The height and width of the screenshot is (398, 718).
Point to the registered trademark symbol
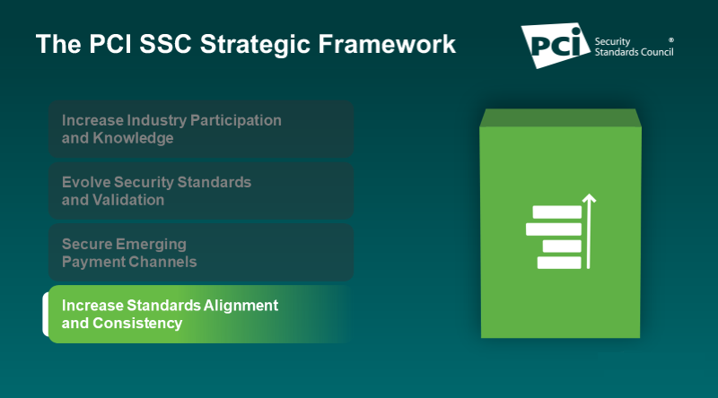tap(671, 40)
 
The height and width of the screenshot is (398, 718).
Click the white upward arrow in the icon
tap(589, 229)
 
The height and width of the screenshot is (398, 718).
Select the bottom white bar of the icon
tap(559, 262)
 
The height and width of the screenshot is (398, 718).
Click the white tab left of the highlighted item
tap(46, 314)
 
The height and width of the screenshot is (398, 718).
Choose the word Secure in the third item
tap(85, 244)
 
